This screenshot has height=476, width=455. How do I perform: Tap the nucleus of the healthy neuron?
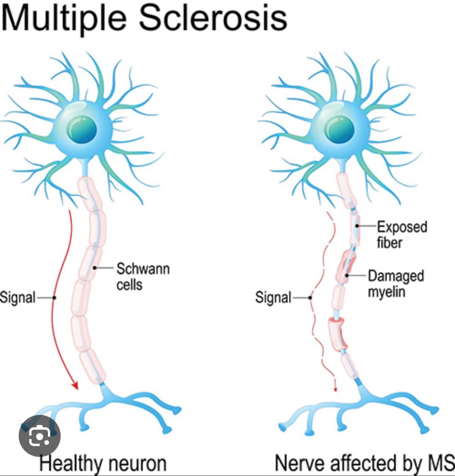click(82, 129)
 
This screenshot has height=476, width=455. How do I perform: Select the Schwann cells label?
click(143, 276)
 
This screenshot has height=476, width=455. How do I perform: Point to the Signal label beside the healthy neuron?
click(17, 297)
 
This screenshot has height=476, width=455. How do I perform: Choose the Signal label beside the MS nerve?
click(273, 297)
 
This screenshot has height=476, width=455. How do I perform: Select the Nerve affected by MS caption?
click(364, 463)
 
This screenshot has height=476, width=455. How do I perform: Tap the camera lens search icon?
click(39, 436)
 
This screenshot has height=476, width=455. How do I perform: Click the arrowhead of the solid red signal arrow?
click(76, 386)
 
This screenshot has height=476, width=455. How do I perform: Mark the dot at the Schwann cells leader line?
click(94, 268)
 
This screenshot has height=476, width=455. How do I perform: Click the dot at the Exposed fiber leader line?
click(357, 226)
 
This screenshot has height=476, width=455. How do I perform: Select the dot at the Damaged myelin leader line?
click(347, 275)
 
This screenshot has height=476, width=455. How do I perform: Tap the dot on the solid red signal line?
click(54, 298)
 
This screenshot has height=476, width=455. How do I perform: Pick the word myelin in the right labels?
click(387, 292)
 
